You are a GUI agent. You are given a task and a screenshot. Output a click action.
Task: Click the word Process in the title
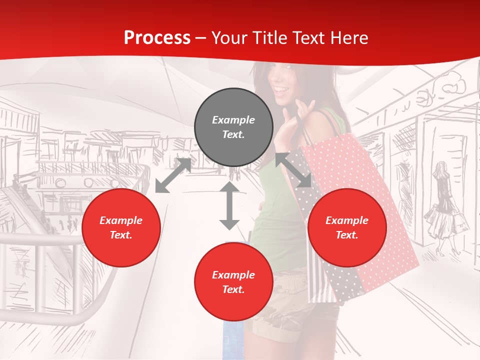click(157, 38)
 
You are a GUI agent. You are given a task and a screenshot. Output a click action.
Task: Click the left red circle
click(121, 227)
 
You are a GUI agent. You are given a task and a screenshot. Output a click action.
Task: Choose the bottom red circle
click(233, 282)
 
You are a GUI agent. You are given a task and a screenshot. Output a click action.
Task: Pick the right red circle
click(347, 227)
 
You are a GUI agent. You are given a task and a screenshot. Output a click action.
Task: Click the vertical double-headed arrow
click(229, 205)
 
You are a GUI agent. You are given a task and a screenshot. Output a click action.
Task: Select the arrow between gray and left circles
click(173, 175)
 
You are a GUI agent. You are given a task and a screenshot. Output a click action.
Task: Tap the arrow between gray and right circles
click(294, 170)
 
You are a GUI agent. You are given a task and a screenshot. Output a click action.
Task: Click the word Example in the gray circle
click(233, 120)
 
